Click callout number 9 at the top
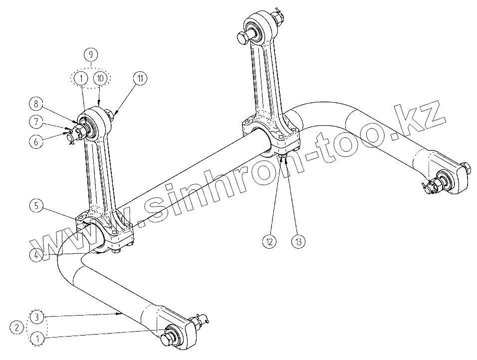(90, 54)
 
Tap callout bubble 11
(140, 78)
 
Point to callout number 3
(36, 317)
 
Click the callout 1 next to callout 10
(79, 78)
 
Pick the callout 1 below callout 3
(36, 339)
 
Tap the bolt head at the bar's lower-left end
(168, 339)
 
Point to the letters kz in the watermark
(424, 117)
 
